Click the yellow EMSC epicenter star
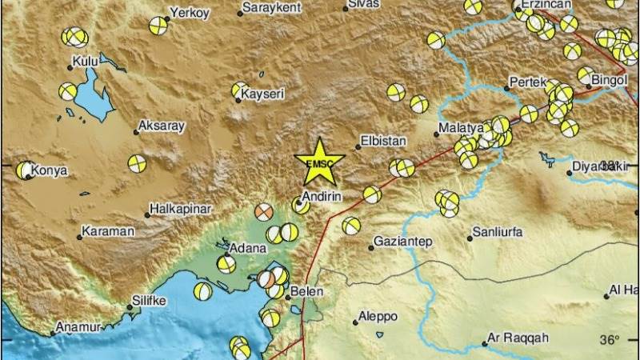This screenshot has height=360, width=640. [x=319, y=162]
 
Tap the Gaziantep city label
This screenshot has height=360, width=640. [x=403, y=241]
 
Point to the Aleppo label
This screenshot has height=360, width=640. [x=378, y=315]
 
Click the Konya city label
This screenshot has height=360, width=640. [x=50, y=170]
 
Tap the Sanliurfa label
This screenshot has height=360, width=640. [x=498, y=231]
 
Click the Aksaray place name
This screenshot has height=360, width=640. [x=162, y=126]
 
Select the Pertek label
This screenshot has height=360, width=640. [x=528, y=82]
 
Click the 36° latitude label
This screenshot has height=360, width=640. [x=610, y=340]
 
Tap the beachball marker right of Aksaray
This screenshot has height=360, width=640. [x=138, y=163]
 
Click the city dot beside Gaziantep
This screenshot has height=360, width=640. [x=371, y=247]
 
